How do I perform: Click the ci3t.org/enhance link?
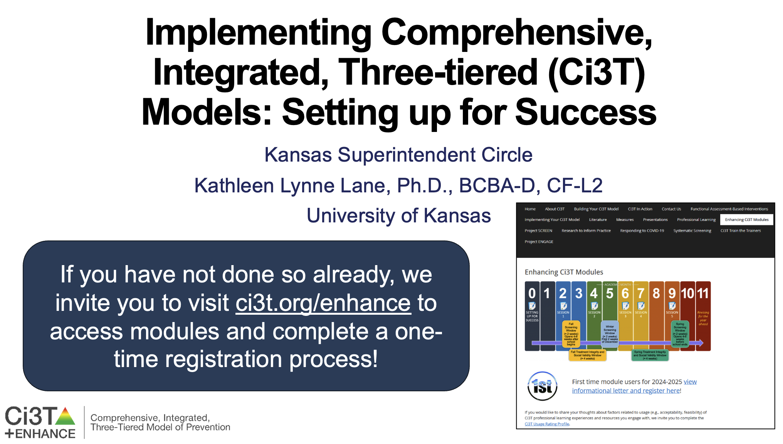click(323, 303)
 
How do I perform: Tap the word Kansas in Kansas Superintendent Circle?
click(298, 155)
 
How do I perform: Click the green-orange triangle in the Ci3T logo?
click(66, 416)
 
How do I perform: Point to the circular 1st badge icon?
click(542, 386)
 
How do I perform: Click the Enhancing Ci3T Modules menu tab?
click(746, 220)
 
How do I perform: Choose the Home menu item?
click(530, 209)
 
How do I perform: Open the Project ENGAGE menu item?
click(539, 242)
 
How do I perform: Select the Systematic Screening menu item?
click(692, 231)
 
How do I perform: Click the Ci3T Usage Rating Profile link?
click(547, 424)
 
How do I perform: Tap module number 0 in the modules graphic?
click(532, 294)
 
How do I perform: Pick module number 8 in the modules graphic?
click(656, 294)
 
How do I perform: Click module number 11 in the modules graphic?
click(703, 294)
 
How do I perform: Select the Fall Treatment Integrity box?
click(587, 355)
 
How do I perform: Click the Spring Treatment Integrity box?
click(650, 355)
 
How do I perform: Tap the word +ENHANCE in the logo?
click(40, 434)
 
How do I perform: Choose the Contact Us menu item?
click(671, 209)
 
